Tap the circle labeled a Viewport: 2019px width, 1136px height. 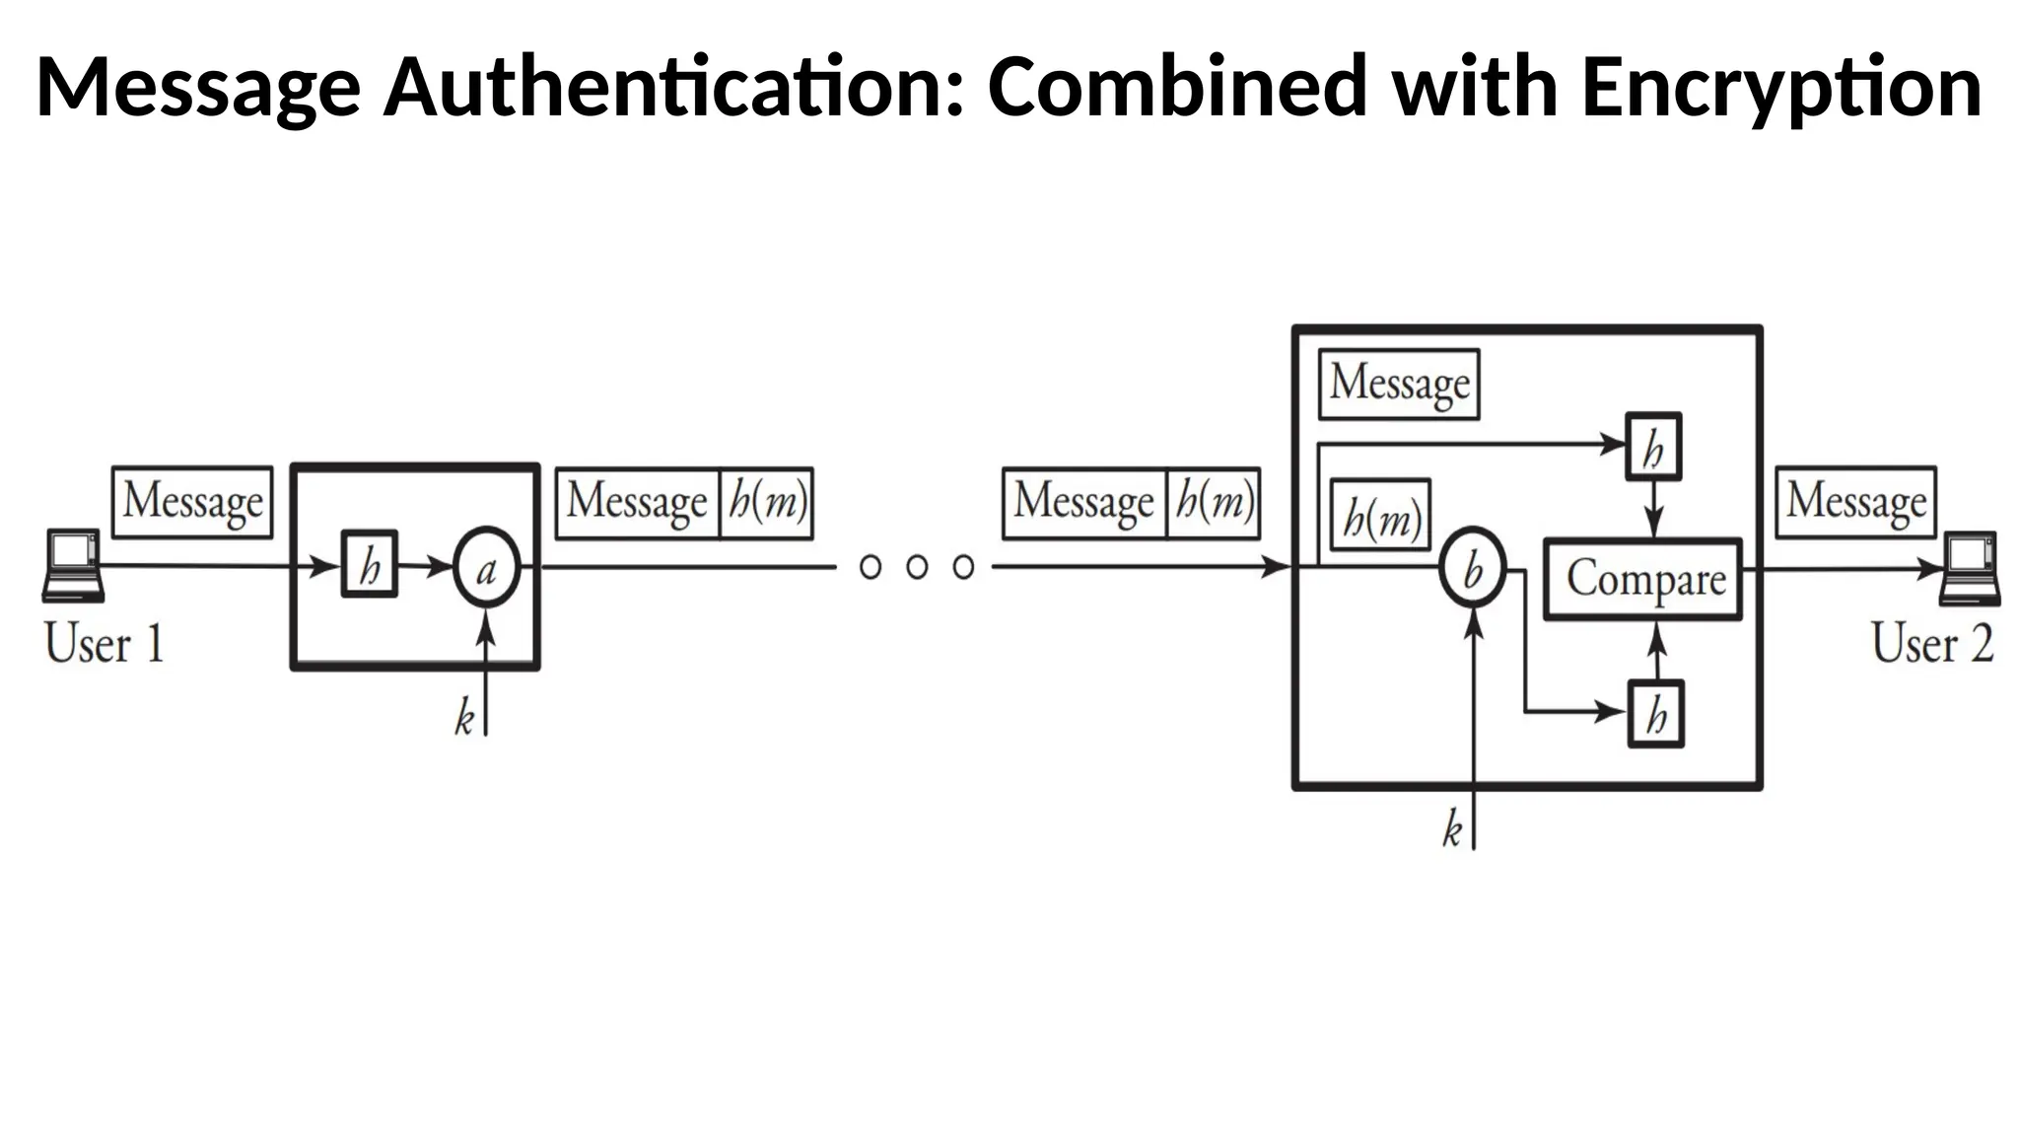point(486,569)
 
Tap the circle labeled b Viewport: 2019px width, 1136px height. point(1472,569)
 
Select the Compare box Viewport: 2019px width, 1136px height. point(1642,579)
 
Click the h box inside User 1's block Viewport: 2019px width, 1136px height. point(370,565)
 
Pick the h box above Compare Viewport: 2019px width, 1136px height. point(1653,447)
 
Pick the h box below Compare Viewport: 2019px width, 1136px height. point(1655,713)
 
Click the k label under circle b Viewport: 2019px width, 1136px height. point(1451,829)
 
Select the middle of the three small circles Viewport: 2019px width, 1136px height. point(917,567)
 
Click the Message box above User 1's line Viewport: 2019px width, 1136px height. point(192,502)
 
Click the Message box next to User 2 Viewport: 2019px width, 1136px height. point(1855,502)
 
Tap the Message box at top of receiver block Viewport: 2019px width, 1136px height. point(1399,384)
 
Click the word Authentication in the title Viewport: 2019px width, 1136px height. point(671,89)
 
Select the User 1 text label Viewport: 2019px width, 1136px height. point(104,644)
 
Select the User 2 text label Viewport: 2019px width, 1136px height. point(1931,644)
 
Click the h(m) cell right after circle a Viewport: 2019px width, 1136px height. point(766,503)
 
